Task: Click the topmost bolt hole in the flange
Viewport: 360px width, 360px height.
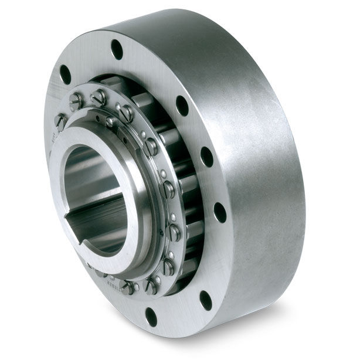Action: click(x=117, y=49)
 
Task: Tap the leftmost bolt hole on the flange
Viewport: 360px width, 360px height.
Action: click(x=65, y=74)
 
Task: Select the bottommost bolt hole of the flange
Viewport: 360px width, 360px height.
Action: click(x=151, y=317)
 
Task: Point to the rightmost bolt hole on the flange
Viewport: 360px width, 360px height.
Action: click(x=220, y=212)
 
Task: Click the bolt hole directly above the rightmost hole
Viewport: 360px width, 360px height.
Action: click(x=206, y=156)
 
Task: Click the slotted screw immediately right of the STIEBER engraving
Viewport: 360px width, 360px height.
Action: click(x=128, y=287)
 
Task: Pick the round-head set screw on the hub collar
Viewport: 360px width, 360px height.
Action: click(x=110, y=121)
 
